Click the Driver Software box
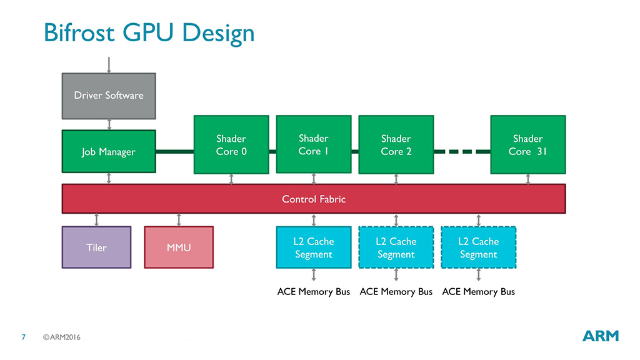point(109,96)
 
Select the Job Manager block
point(109,151)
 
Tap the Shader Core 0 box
point(231,144)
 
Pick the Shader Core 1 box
point(314,144)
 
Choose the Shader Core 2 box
point(396,144)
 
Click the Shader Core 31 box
point(528,144)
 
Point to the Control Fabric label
point(314,199)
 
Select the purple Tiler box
point(96,247)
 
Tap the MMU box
point(179,247)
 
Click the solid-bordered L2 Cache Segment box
point(314,247)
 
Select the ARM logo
point(601,336)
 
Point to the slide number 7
point(23,337)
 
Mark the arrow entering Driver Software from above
point(109,64)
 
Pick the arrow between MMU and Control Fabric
point(179,219)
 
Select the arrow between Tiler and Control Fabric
point(96,219)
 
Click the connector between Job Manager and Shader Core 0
point(175,151)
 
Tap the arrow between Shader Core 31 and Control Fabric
point(528,179)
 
